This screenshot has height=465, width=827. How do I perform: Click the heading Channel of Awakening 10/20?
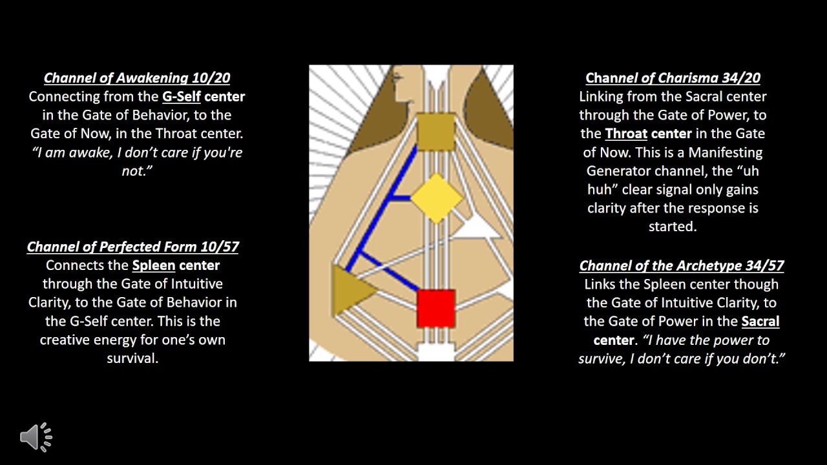[x=137, y=78]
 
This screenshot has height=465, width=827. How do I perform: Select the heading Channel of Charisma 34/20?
[x=673, y=78]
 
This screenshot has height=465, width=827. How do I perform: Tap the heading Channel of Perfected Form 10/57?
[x=133, y=247]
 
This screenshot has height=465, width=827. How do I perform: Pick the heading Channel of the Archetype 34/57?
[x=682, y=265]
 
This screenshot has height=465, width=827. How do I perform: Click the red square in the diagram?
[x=436, y=308]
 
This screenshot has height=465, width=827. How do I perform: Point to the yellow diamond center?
[x=437, y=198]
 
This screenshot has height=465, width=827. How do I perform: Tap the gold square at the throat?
[x=436, y=132]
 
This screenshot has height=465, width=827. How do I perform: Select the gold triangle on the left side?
[x=350, y=290]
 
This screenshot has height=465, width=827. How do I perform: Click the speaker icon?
[x=36, y=437]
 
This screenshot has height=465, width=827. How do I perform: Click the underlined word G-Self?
[x=182, y=97]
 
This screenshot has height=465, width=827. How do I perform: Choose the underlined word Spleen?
[x=154, y=265]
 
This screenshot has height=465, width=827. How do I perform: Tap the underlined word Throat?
[x=626, y=134]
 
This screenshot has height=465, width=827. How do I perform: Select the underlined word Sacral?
[x=760, y=322]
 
